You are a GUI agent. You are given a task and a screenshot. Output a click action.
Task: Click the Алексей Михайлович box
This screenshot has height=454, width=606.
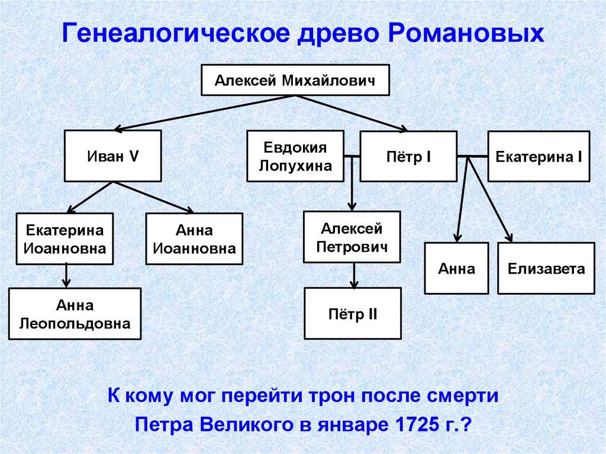click(295, 79)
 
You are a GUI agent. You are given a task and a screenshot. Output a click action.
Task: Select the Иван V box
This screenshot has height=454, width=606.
click(112, 157)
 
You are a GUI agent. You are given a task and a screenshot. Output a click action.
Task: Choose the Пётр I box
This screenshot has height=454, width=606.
click(408, 157)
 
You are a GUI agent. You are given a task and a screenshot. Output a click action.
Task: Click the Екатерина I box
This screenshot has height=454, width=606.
click(539, 157)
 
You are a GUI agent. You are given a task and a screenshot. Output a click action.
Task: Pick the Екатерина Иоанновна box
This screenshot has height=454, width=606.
click(65, 239)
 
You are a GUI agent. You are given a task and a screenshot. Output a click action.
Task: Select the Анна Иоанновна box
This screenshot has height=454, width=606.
click(194, 239)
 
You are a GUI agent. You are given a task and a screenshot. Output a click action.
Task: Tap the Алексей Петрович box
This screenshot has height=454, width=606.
click(352, 237)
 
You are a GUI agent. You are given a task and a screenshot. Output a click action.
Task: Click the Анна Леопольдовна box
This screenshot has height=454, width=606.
click(75, 314)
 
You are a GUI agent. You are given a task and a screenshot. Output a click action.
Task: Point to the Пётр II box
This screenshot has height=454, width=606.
click(353, 313)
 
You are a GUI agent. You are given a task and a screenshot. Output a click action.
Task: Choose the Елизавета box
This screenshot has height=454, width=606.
click(546, 269)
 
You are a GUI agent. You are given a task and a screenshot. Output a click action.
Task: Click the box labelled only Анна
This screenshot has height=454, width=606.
click(457, 269)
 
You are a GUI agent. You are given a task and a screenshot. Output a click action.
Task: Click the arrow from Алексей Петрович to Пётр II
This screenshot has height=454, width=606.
click(353, 275)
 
